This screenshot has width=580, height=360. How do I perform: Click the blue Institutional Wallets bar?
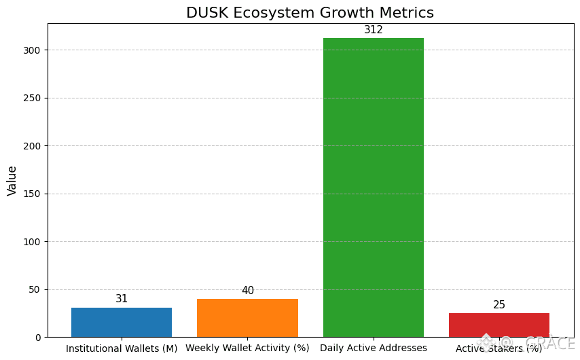122,322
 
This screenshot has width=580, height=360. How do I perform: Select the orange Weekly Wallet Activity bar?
247,318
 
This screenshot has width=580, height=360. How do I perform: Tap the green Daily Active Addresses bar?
374,187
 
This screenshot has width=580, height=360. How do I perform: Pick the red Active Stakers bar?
499,325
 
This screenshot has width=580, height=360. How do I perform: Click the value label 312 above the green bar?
374,30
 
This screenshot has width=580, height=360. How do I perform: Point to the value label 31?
122,299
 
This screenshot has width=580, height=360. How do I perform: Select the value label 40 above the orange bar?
248,291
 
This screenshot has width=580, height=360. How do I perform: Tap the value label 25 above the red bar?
499,305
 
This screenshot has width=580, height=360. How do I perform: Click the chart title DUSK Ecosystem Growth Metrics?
310,13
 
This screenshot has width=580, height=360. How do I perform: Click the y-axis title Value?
12,181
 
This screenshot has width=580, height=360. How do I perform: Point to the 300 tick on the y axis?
31,50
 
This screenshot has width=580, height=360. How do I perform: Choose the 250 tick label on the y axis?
31,98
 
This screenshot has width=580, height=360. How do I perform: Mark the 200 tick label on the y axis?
31,146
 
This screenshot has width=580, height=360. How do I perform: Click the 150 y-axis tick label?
31,194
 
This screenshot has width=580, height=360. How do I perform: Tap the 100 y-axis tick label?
31,242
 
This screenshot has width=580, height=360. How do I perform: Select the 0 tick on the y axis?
37,338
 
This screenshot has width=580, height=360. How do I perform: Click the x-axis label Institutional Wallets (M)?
122,348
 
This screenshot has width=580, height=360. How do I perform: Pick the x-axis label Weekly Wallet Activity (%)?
247,348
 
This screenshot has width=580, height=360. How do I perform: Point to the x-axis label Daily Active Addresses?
374,348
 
